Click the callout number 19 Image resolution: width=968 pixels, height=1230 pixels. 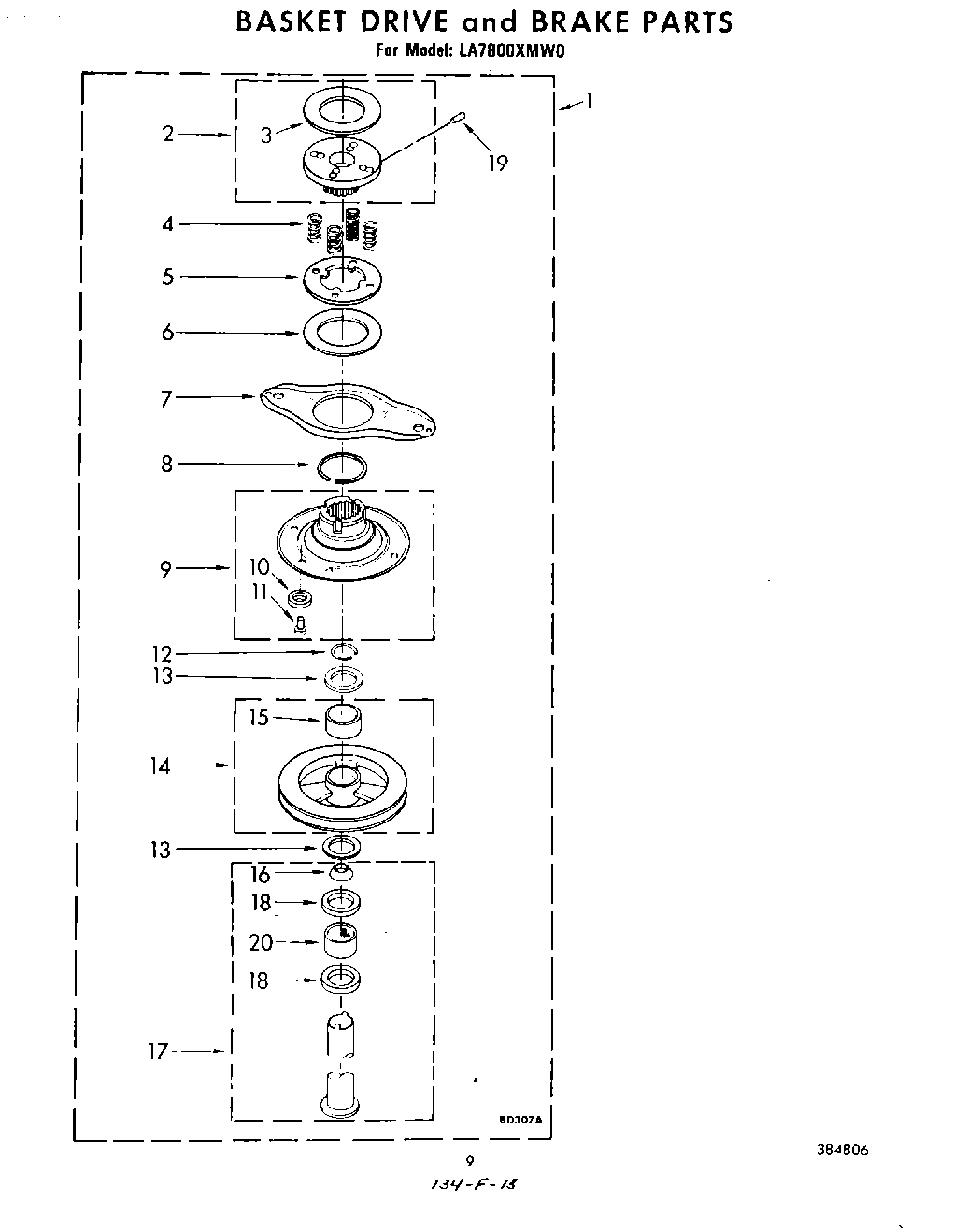tap(498, 164)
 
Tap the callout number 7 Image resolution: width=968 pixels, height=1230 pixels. tap(167, 398)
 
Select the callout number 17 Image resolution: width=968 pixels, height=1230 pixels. tap(158, 1051)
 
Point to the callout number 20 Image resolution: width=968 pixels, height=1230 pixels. tap(261, 942)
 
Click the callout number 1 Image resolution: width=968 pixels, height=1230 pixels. tap(588, 101)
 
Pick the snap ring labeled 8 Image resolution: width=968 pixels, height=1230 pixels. tap(343, 465)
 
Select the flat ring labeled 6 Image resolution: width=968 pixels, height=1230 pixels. tap(342, 332)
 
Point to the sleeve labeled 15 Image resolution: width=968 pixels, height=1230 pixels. tap(343, 722)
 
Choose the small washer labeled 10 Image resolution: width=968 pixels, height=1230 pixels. tap(300, 597)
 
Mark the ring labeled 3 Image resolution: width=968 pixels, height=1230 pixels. tap(343, 109)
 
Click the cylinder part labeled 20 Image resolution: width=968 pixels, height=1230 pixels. tap(342, 939)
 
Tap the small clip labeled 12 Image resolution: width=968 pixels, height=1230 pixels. tap(343, 651)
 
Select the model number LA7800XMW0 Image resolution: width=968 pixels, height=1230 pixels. tap(510, 52)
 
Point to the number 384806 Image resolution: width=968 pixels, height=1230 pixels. tap(843, 1151)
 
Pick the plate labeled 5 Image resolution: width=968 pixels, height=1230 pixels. tap(342, 278)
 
